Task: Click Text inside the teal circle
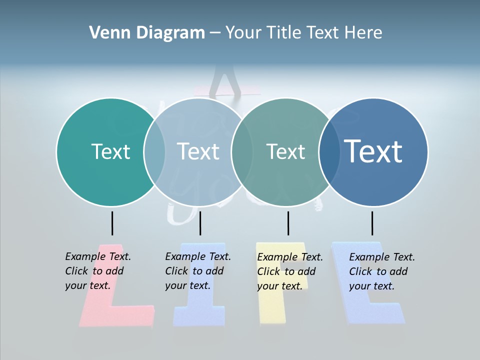pyautogui.click(x=110, y=151)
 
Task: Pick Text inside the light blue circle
pyautogui.click(x=198, y=151)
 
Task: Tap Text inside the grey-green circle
pyautogui.click(x=285, y=151)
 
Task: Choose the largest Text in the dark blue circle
pyautogui.click(x=373, y=151)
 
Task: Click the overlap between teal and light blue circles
pyautogui.click(x=154, y=151)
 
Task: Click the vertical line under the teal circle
pyautogui.click(x=112, y=223)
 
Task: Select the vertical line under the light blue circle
pyautogui.click(x=200, y=223)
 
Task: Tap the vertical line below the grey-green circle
pyautogui.click(x=288, y=223)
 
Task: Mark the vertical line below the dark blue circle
pyautogui.click(x=372, y=223)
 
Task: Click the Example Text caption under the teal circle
pyautogui.click(x=97, y=271)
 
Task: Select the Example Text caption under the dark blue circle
pyautogui.click(x=381, y=271)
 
